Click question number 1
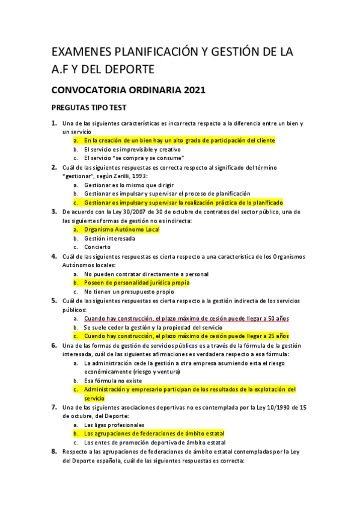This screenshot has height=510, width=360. point(53,123)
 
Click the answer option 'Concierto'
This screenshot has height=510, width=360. point(97,247)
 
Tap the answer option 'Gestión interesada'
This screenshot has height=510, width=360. point(110,238)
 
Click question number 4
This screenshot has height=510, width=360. point(53,256)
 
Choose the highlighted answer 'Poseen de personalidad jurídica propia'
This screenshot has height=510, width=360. point(136,282)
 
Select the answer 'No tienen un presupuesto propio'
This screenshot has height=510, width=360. point(125,291)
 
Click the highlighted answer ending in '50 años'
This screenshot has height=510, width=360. point(186,318)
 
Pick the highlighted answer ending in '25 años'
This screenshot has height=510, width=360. point(186,336)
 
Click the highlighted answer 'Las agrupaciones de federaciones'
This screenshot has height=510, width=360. point(154,433)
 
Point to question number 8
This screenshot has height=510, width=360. point(53,451)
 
